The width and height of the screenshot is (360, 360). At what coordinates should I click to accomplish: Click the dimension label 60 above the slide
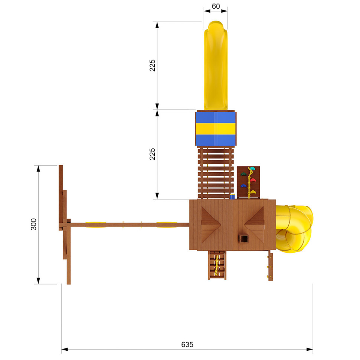click(x=216, y=6)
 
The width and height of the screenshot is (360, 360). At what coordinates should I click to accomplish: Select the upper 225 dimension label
click(x=152, y=65)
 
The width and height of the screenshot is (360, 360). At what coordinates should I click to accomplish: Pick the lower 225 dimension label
click(x=152, y=154)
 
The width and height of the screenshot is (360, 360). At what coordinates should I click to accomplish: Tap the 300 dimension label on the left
click(x=34, y=224)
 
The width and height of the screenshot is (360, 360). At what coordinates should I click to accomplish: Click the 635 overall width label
click(x=187, y=344)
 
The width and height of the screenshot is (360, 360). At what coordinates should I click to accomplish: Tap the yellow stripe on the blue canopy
click(x=215, y=128)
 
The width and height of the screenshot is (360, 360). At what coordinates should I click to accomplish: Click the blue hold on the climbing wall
click(x=243, y=186)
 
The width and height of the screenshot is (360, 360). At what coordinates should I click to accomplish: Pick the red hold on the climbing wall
click(x=253, y=180)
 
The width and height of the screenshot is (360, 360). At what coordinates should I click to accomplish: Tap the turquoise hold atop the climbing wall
click(x=252, y=169)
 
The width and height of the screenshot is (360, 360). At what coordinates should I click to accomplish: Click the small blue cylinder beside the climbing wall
click(x=232, y=196)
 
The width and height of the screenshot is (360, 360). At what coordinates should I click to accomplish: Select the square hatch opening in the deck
click(x=243, y=238)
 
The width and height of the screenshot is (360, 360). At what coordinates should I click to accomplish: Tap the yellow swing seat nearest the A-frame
click(x=96, y=224)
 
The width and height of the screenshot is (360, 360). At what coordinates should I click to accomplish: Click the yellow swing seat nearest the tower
click(x=166, y=224)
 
